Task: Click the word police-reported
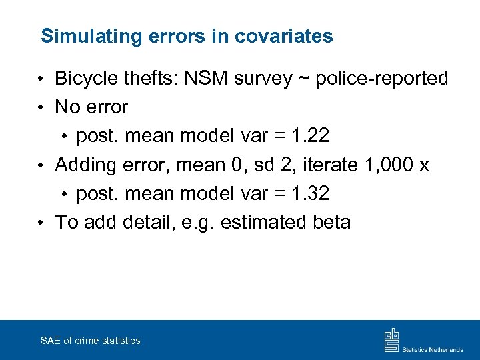point(381,79)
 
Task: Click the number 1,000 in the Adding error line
point(391,165)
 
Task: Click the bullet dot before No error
point(41,108)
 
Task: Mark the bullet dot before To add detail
point(41,223)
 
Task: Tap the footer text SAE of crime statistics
point(91,341)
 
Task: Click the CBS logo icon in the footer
point(391,340)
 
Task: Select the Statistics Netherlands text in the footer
point(433,349)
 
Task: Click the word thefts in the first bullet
point(153,79)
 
